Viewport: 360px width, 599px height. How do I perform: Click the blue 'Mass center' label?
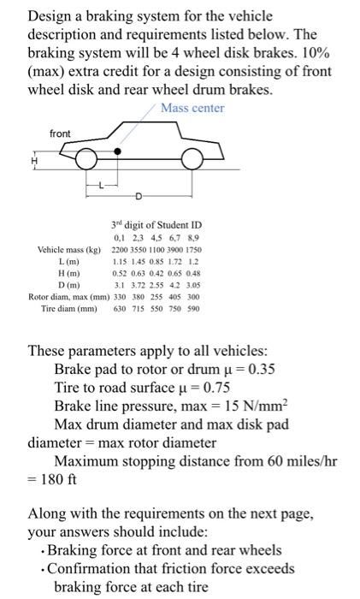click(193, 107)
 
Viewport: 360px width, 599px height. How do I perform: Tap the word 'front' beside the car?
click(61, 133)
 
